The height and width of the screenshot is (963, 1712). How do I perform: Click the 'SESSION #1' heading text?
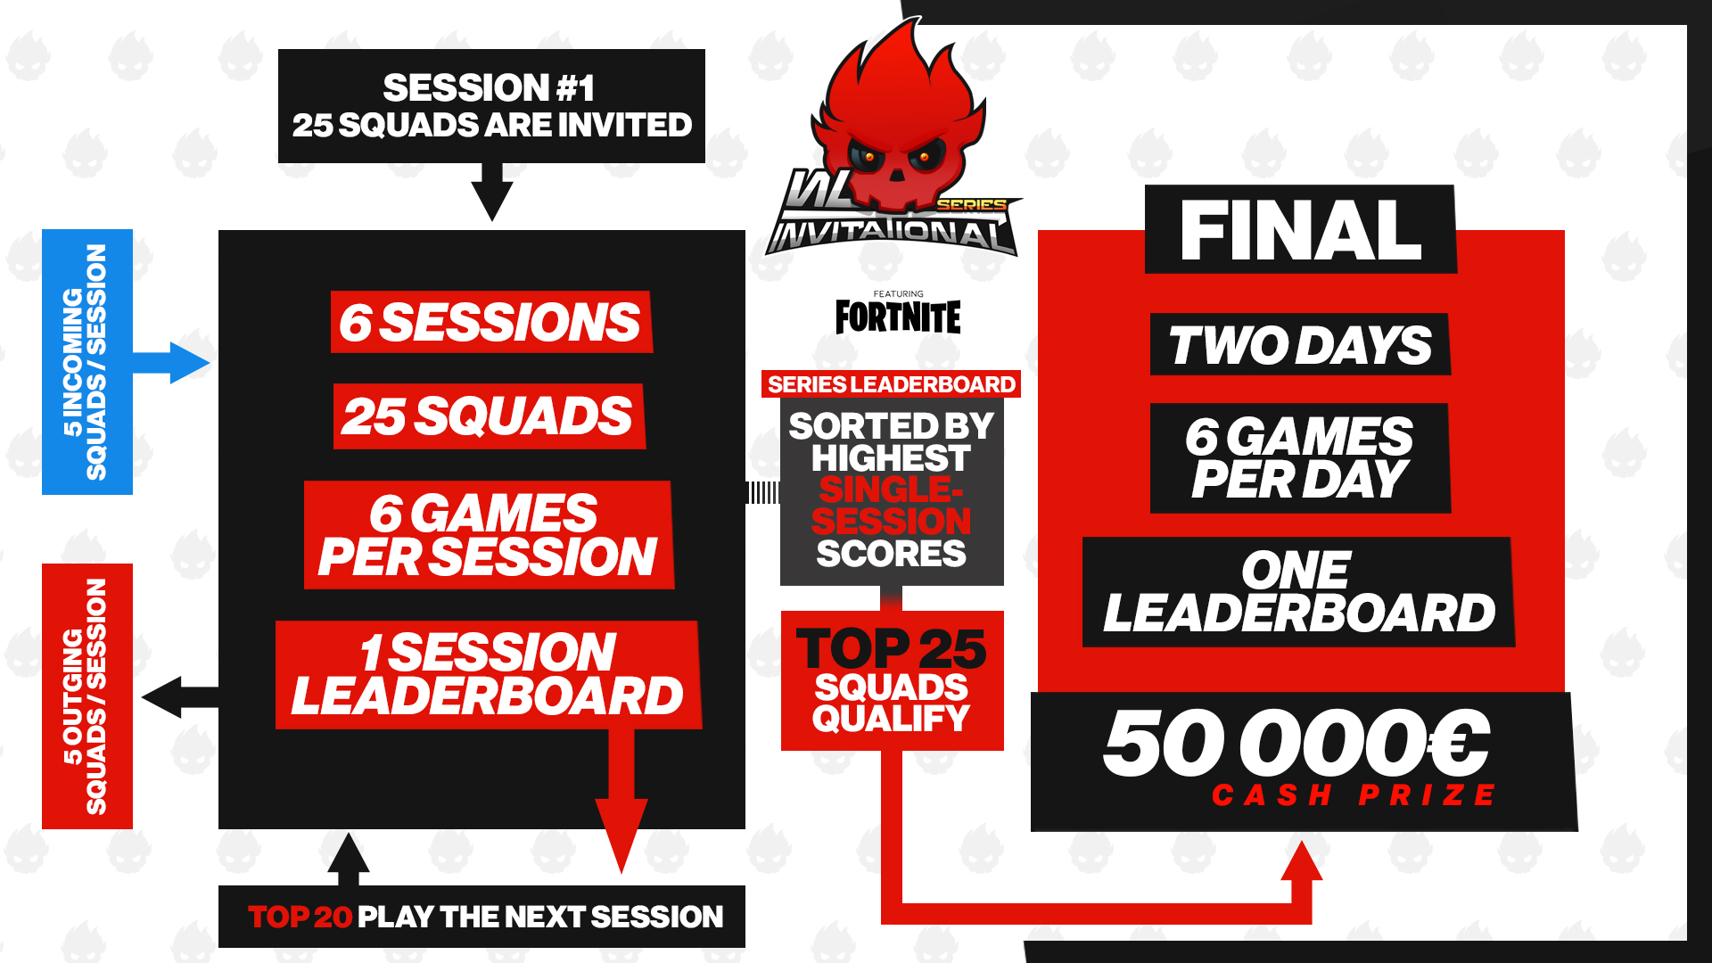click(489, 87)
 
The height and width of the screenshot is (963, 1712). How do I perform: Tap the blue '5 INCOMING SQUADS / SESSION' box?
click(87, 361)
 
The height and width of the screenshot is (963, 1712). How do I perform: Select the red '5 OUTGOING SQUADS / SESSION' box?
click(87, 695)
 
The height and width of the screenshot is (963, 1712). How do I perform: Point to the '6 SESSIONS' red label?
click(490, 322)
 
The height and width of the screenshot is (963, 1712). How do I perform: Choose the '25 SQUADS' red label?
click(489, 416)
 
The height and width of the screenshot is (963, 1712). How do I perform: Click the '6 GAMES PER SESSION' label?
click(488, 535)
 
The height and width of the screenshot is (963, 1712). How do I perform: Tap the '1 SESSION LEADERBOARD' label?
click(488, 674)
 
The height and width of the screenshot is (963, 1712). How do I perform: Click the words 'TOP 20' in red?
click(300, 917)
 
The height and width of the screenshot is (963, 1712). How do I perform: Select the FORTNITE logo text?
click(898, 317)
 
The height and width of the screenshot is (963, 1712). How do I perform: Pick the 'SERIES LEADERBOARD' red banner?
click(891, 384)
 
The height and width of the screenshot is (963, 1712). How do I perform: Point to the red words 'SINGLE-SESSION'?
click(891, 506)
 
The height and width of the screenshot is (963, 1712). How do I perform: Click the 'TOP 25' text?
click(891, 648)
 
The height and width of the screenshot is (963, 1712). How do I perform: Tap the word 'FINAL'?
click(1300, 230)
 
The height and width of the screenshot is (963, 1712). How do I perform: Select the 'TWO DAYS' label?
click(1300, 345)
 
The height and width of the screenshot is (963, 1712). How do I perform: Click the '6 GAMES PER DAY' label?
click(1300, 458)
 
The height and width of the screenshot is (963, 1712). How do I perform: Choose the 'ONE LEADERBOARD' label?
click(1298, 591)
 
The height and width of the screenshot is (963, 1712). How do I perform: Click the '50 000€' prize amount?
click(1296, 743)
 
